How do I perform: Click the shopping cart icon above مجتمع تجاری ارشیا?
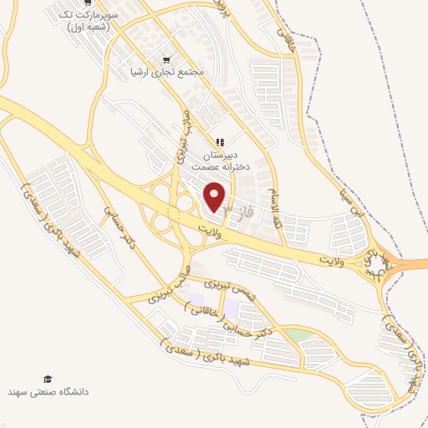click(x=167, y=59)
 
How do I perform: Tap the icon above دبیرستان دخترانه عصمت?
click(x=220, y=143)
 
